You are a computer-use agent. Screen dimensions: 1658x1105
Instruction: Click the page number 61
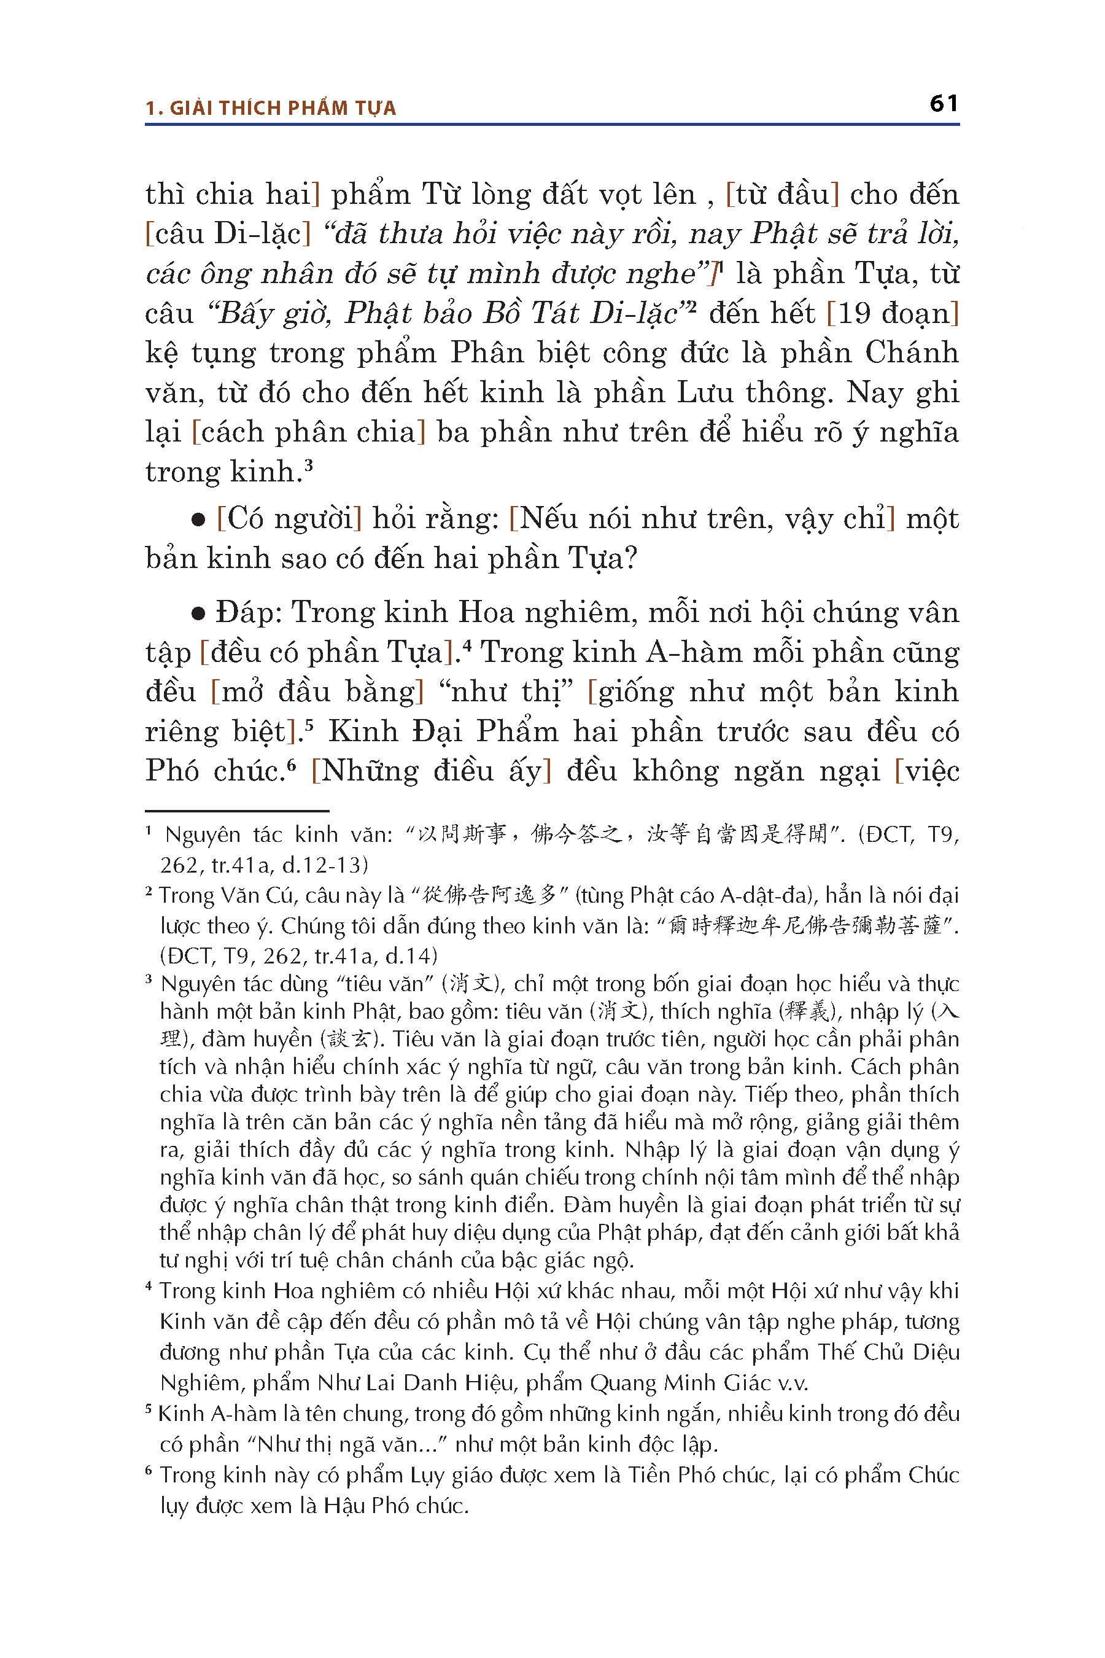point(943,104)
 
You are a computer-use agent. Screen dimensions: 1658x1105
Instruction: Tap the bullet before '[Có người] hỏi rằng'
point(199,520)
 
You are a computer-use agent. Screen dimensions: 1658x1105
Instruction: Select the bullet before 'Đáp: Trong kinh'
point(199,614)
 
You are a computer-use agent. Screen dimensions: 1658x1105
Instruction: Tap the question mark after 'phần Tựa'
point(630,559)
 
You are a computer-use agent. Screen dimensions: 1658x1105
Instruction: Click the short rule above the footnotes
point(237,811)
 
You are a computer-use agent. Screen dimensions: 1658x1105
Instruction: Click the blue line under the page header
point(552,125)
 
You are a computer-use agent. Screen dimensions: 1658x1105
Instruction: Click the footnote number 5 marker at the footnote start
point(149,1409)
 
